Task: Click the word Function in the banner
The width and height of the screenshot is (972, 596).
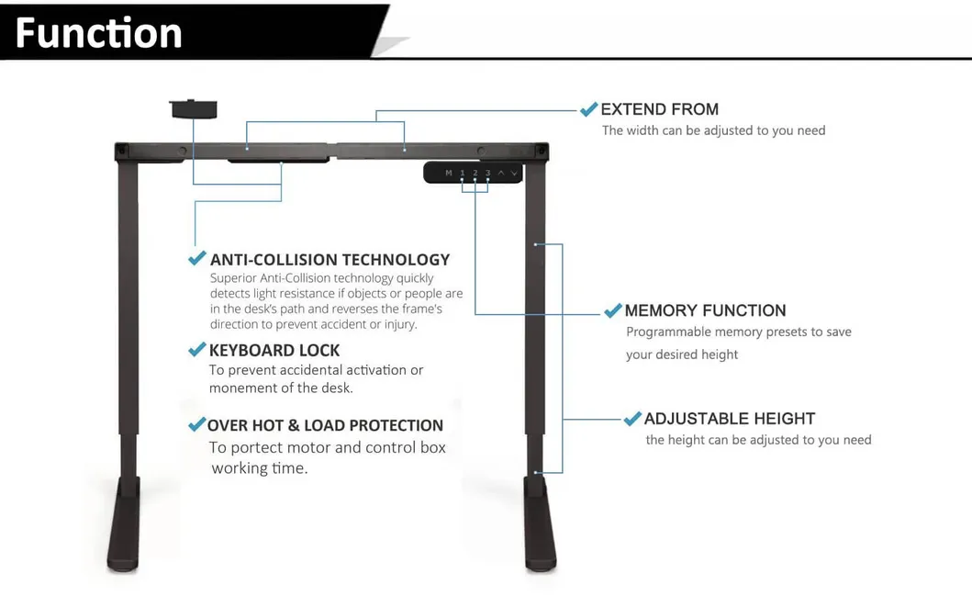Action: click(98, 33)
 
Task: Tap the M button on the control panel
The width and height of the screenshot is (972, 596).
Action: click(449, 173)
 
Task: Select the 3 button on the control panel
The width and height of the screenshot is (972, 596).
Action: click(487, 173)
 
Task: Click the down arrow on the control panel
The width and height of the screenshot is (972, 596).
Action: click(514, 173)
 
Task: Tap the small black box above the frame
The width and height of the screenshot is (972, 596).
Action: click(193, 109)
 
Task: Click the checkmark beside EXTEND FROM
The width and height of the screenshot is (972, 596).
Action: click(588, 109)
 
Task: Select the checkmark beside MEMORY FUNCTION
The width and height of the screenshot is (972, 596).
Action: click(612, 311)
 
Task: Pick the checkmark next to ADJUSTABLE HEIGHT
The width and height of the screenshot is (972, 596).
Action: click(631, 419)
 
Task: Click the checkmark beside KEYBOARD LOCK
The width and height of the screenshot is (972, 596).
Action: click(196, 350)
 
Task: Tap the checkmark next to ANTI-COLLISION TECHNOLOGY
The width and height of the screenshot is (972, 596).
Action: click(196, 259)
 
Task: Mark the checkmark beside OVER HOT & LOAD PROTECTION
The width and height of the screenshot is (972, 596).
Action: click(196, 424)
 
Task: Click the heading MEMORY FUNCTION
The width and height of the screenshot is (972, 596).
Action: click(705, 311)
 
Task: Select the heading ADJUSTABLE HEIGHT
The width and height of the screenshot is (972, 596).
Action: click(730, 419)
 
